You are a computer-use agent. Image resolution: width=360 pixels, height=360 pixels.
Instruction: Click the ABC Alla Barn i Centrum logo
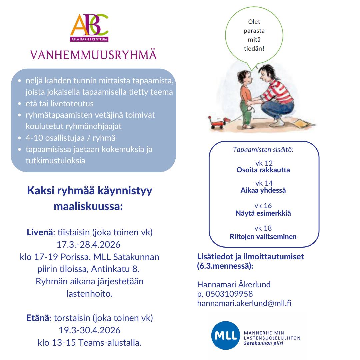89,27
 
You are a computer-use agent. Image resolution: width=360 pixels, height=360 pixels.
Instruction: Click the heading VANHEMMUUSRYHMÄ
93,55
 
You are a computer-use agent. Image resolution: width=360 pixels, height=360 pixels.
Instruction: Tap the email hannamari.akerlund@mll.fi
244,303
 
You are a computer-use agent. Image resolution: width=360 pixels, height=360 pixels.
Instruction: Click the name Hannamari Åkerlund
234,285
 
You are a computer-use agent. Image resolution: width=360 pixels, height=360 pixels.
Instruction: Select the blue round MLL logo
225,335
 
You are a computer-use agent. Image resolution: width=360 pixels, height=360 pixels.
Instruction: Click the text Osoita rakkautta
263,170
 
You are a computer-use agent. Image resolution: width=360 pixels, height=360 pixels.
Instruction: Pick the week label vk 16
263,206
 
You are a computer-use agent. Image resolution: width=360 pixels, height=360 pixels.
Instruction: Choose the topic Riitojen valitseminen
263,237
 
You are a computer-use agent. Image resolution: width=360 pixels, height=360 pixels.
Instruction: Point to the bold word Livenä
39,232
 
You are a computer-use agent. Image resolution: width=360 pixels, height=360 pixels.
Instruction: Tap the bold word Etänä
38,318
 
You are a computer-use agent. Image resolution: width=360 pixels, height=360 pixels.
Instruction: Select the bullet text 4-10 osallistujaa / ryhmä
71,138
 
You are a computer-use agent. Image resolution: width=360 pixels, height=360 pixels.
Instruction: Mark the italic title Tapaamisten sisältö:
263,150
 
